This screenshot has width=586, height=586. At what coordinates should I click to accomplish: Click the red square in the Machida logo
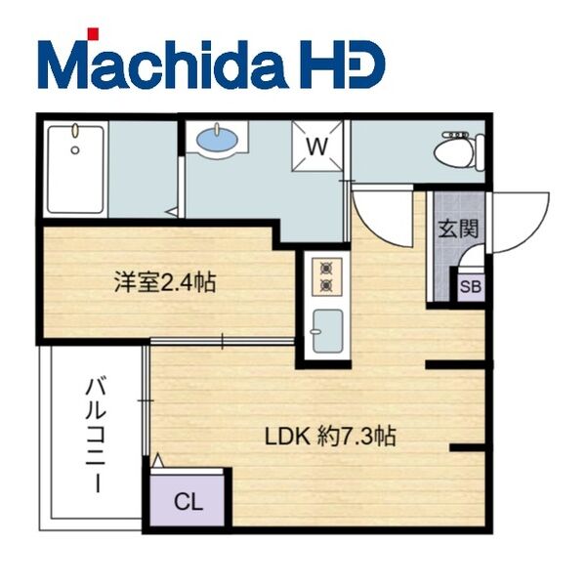93,33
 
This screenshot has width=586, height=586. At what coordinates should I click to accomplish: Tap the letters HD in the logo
342,64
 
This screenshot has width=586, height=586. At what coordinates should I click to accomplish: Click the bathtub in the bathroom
75,169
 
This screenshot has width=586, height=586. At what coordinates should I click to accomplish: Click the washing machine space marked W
317,146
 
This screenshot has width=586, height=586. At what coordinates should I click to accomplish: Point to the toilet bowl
454,153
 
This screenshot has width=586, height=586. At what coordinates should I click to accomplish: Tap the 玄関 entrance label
458,229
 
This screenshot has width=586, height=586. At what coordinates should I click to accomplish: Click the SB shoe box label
471,287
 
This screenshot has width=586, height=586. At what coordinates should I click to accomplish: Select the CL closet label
188,502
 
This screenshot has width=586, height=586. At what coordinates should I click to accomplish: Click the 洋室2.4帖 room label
165,282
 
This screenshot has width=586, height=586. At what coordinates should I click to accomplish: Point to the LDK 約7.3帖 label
330,436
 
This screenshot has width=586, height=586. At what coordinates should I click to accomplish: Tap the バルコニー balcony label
97,436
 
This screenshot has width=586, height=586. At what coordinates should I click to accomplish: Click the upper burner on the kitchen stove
326,268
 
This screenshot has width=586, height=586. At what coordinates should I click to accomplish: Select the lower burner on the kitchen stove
326,286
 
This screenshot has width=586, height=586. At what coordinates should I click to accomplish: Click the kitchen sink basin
328,331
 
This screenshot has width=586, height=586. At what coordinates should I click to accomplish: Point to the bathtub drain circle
75,150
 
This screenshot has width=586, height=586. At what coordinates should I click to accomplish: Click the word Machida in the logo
164,64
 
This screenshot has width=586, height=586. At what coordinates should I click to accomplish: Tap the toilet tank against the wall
480,153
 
